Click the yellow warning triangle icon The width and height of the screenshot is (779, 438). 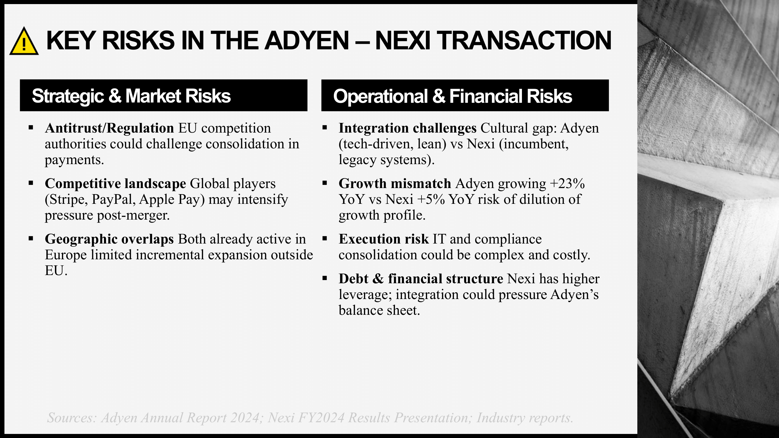click(24, 41)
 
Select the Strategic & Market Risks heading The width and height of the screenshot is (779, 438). click(131, 96)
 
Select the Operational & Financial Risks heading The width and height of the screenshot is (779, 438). click(452, 96)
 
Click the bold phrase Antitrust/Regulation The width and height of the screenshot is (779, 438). click(110, 128)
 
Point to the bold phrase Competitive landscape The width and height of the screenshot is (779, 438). click(115, 183)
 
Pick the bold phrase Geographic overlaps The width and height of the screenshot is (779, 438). click(110, 239)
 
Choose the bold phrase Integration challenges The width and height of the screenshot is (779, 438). click(408, 128)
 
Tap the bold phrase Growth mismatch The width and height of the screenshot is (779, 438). click(395, 183)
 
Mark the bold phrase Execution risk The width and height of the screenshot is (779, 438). click(384, 239)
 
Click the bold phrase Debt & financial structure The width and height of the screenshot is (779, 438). click(421, 278)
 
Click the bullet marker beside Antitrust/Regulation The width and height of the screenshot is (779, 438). click(31, 128)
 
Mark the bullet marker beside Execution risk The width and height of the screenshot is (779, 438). click(325, 239)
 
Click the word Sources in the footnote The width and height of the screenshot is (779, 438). click(72, 418)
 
